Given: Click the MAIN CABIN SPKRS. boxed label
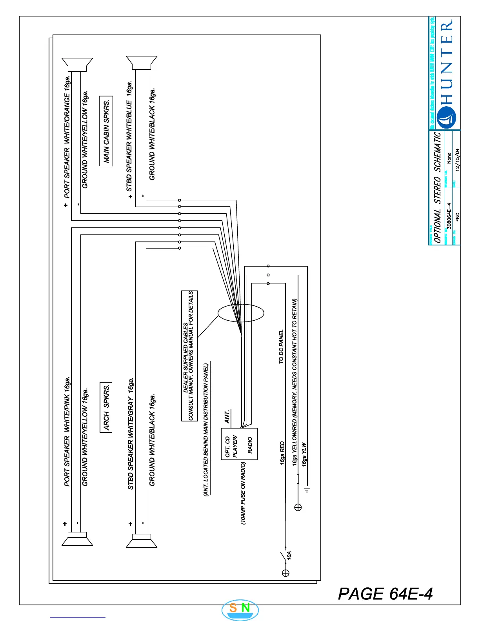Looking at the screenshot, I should coord(106,131).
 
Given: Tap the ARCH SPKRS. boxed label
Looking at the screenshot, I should coord(106,407).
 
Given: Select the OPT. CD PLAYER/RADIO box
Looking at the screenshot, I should coord(239,444).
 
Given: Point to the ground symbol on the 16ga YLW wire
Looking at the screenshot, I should coord(307,488).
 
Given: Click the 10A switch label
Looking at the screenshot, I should coord(289,555).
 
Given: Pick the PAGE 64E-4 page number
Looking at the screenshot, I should coord(385,594).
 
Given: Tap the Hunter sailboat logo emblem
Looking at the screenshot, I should coord(447,118).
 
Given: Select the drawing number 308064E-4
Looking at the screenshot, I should coord(449,216).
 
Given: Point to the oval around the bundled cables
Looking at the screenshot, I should coord(241,313).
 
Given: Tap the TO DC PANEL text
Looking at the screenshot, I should coord(281,347).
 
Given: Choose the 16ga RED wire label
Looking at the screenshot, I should coord(282,454).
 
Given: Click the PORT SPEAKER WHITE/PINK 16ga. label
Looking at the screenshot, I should coord(67,431).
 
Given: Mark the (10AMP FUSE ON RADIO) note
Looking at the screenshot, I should coord(243,493).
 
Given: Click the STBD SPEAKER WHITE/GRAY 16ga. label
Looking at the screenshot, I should coord(131,434).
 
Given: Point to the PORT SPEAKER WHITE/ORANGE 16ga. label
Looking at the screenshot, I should coord(67,137).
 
